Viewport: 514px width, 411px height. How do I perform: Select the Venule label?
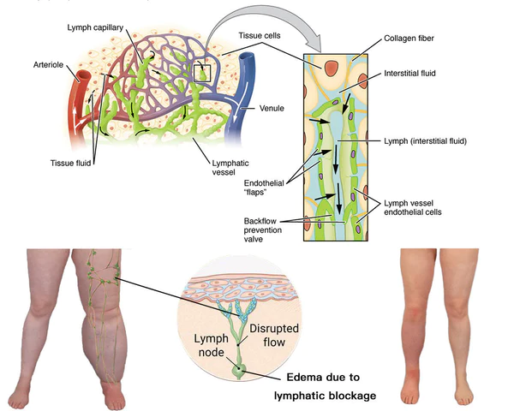click(272, 110)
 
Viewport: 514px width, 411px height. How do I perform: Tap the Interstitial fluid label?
click(411, 74)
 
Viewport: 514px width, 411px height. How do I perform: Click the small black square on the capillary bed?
click(202, 72)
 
